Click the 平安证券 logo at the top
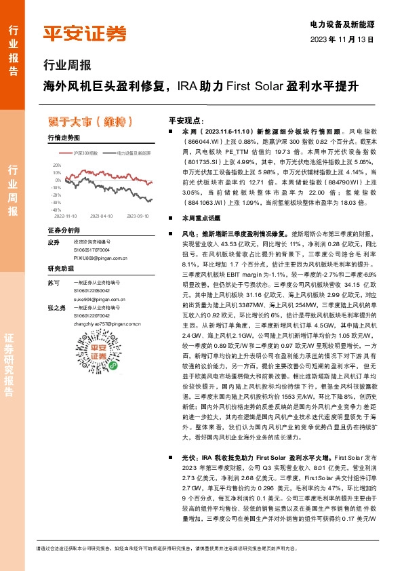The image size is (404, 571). [x=85, y=32]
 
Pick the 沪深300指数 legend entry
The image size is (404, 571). [x=85, y=154]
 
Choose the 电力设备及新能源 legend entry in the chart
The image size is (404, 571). [x=134, y=154]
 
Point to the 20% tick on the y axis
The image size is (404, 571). [x=56, y=165]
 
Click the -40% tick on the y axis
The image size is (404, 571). [x=56, y=211]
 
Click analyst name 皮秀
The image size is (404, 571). [x=54, y=242]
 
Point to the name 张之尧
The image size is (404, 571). [x=56, y=307]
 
